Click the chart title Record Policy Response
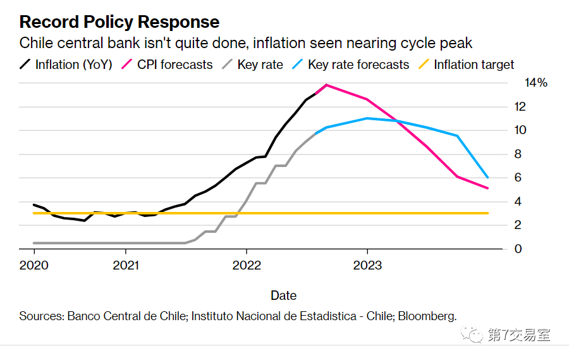[x=119, y=22]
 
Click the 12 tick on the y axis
[x=520, y=107]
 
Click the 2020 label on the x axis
[x=34, y=265]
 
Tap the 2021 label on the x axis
[x=127, y=265]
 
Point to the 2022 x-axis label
[x=246, y=265]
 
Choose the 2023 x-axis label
[x=367, y=265]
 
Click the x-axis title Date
[x=283, y=295]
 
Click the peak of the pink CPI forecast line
[x=326, y=85]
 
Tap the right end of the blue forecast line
[x=487, y=177]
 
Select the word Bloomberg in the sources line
[x=425, y=316]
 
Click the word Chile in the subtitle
[x=37, y=44]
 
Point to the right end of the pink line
[x=487, y=188]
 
